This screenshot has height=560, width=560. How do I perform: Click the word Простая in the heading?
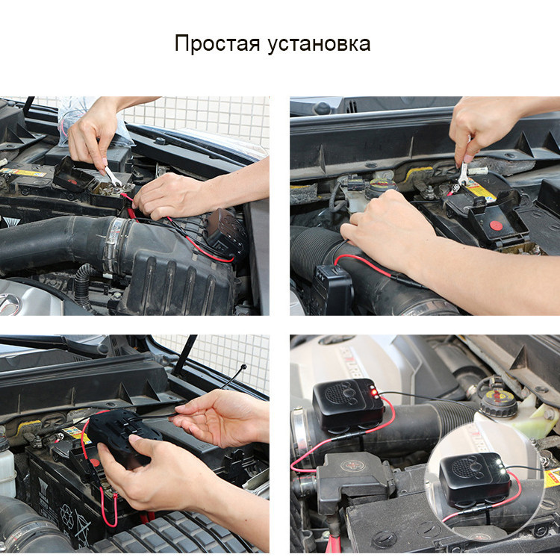pos(217,43)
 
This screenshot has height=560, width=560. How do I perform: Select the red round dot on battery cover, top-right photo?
pos(495,227)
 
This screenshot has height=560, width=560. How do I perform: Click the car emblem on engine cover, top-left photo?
pos(9,302)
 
